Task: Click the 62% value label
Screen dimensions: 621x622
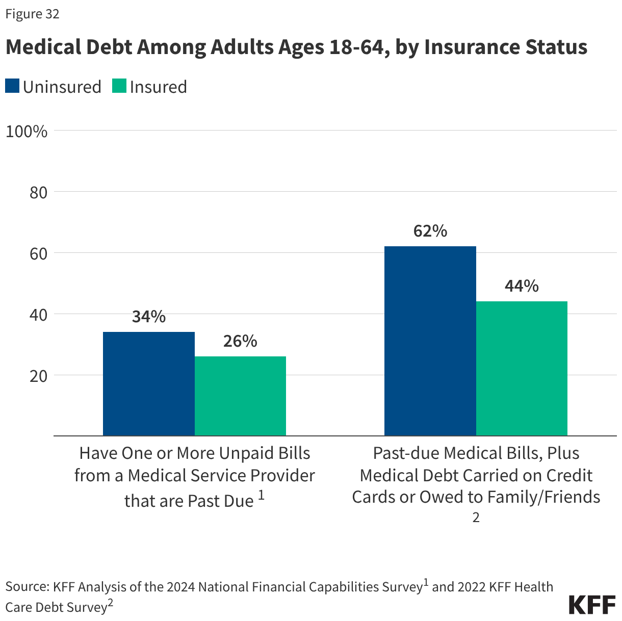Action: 430,231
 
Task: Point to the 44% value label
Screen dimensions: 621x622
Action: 522,286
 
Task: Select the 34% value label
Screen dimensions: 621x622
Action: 148,317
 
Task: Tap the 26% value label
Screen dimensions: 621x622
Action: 240,341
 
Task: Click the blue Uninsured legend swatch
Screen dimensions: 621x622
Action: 12,86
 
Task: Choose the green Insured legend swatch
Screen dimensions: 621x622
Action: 119,86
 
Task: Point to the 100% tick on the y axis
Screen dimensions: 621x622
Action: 27,132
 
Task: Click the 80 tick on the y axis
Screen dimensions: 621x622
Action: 35,193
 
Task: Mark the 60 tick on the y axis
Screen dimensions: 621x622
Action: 35,254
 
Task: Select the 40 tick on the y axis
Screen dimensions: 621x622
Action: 35,315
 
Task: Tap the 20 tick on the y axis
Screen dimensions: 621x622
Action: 35,376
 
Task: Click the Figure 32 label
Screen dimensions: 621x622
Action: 33,14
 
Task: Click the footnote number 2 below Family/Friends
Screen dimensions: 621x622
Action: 476,518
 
